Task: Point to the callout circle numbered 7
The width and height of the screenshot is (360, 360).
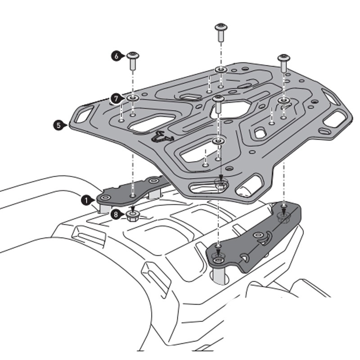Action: tap(116, 98)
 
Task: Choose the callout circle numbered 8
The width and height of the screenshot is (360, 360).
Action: tap(117, 215)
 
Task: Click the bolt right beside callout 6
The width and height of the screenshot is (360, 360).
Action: tap(133, 60)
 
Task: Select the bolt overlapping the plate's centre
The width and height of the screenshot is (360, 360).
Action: tap(218, 104)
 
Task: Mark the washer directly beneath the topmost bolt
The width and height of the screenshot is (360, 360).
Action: tap(220, 69)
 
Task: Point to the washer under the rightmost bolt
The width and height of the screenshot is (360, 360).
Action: tap(283, 100)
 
